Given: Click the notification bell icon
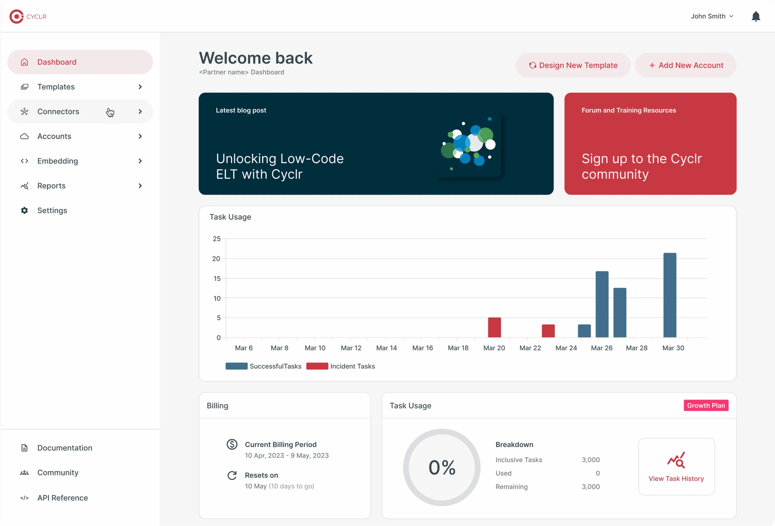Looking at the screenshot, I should point(756,16).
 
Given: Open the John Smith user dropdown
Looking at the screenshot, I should point(712,16).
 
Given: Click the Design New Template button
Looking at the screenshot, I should point(573,65).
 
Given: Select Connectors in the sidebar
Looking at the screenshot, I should point(58,112).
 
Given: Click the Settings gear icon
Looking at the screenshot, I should point(24,210).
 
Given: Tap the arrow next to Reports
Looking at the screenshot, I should point(140,186).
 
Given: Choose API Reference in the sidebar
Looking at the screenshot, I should point(62,498).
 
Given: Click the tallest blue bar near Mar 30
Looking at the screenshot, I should point(670,295).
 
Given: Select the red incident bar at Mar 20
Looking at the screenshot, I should point(494,327).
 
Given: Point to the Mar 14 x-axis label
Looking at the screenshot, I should point(387,348).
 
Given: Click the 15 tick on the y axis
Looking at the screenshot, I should point(217,278).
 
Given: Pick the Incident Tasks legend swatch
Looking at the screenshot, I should point(317,366).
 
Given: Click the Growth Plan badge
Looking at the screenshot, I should point(706,405).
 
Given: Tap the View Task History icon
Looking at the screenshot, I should point(676,460).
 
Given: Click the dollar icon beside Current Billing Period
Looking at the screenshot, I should point(232,444).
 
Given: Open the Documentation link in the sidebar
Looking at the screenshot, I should point(64,448).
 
